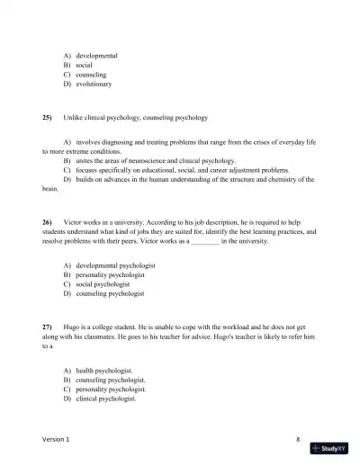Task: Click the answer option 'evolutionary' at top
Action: (94, 84)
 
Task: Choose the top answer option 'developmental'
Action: (97, 56)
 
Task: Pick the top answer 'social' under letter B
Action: (84, 66)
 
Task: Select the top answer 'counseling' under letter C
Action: (91, 75)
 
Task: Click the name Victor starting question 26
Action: (74, 221)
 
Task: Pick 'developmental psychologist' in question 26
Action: (116, 265)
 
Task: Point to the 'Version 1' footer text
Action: (59, 439)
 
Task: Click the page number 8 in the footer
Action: (297, 439)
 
